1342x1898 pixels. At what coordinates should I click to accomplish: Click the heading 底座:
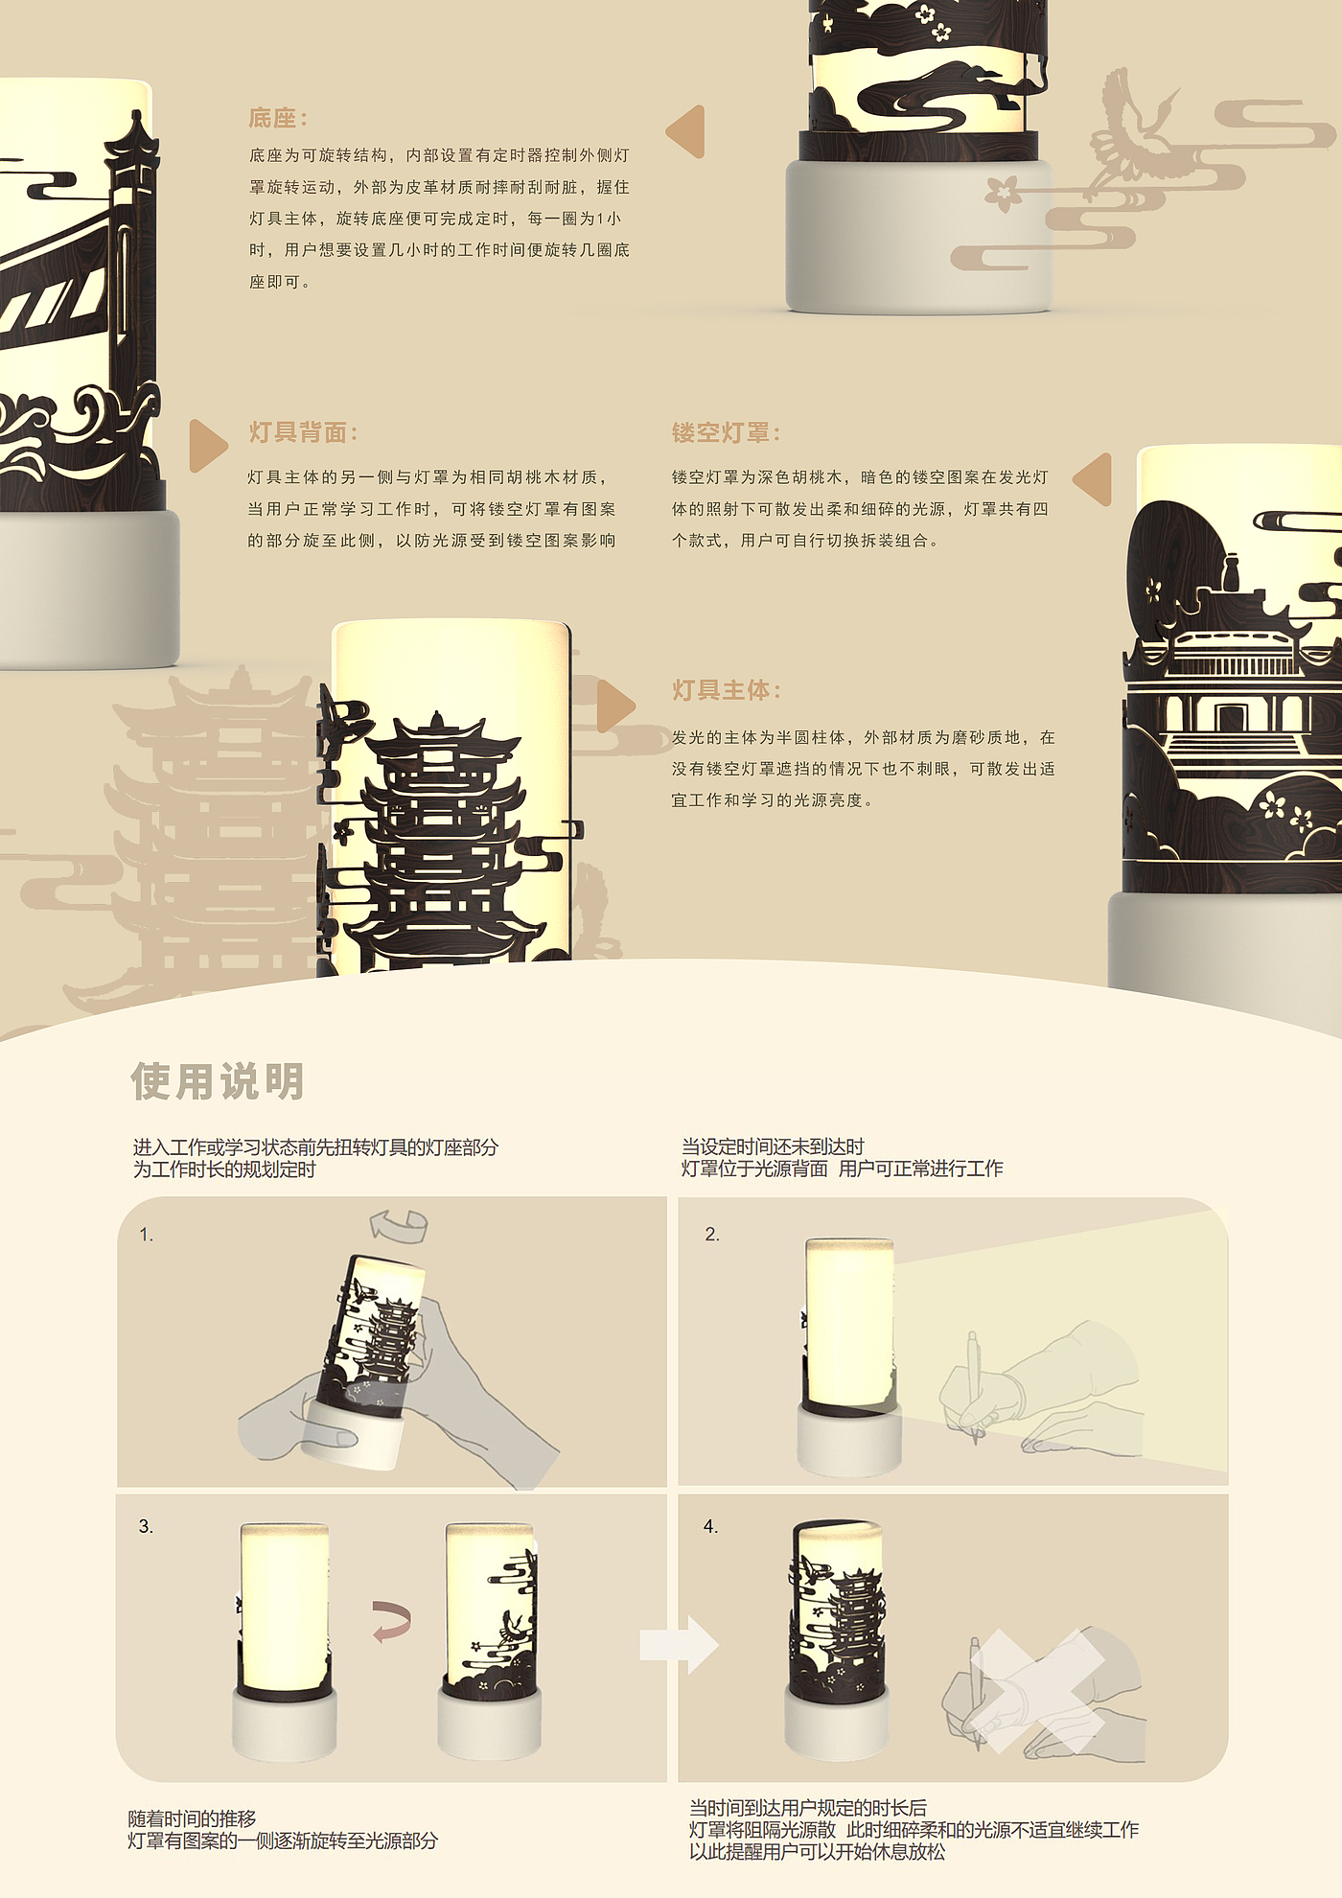pos(278,119)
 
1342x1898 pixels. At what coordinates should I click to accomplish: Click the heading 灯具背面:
pos(303,432)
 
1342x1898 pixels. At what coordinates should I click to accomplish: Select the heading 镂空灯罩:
pos(726,432)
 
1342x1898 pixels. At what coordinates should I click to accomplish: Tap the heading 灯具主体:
pos(726,690)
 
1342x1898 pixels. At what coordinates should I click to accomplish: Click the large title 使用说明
pos(218,1081)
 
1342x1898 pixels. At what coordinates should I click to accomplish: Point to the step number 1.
pos(146,1235)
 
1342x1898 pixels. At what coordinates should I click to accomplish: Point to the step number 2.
pos(711,1234)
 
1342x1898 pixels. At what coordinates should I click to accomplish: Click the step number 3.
pos(146,1526)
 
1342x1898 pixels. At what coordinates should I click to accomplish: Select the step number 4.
pos(710,1526)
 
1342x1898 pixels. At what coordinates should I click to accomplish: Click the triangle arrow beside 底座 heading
pos(686,131)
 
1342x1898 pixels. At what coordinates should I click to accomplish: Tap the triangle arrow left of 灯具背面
pos(208,446)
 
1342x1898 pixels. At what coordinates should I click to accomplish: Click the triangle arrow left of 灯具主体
pos(615,706)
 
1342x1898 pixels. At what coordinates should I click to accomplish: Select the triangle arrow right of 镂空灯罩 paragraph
pos(1093,479)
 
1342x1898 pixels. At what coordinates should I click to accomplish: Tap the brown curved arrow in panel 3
pos(392,1622)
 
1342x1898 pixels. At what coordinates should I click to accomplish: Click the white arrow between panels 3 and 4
pos(680,1645)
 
